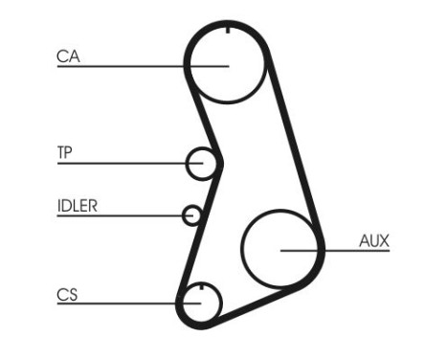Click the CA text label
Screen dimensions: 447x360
tap(67, 56)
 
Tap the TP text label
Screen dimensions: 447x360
tap(65, 151)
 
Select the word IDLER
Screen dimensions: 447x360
tap(78, 204)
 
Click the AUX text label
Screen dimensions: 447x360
tap(373, 240)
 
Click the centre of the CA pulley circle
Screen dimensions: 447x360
tap(226, 65)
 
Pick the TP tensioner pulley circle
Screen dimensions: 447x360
tap(203, 164)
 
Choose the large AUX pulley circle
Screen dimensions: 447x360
tap(280, 249)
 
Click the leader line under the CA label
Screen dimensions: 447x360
tap(124, 66)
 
